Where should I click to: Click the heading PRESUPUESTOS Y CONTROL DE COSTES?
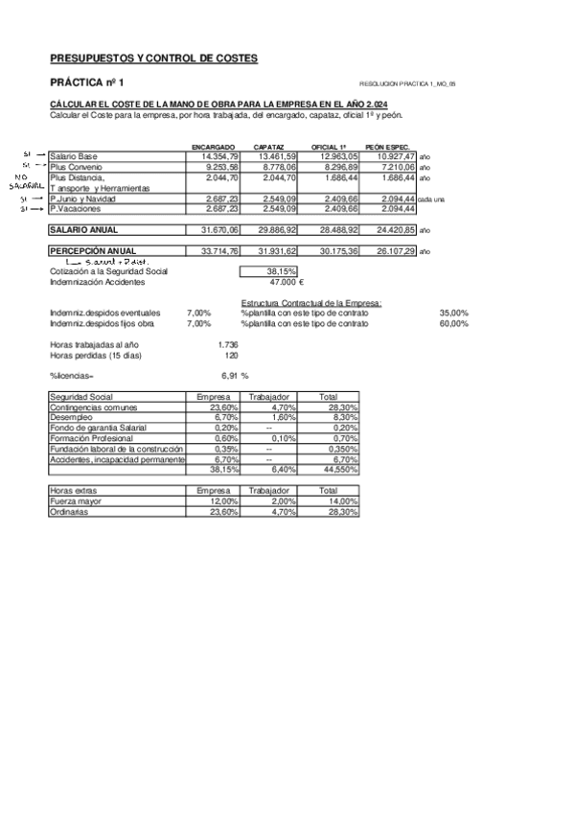[153, 58]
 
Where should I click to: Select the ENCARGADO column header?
[214, 147]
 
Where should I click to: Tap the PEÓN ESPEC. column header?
[387, 147]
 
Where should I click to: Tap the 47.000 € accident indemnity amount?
[287, 283]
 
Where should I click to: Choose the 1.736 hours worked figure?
[228, 343]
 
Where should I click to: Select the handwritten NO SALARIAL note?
[26, 181]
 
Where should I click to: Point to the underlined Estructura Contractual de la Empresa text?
[311, 303]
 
